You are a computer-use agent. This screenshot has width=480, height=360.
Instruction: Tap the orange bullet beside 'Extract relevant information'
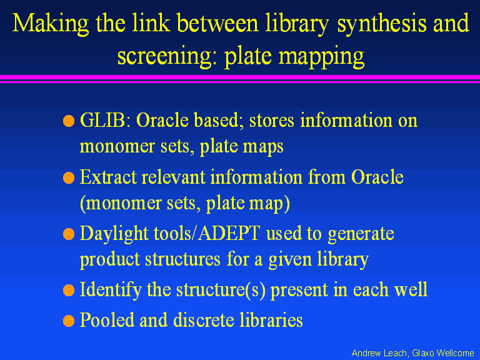69,178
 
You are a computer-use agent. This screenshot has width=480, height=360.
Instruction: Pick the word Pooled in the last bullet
107,320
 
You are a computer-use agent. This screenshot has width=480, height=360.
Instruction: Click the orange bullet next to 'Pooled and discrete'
69,321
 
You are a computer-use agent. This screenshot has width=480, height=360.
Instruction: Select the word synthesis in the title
382,24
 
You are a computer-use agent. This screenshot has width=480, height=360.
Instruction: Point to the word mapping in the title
321,57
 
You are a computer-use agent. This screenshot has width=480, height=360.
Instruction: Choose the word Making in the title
51,24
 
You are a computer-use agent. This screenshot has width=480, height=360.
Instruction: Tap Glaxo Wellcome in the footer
443,353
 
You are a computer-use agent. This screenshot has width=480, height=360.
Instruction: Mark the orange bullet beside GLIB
69,121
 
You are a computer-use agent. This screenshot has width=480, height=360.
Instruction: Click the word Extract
108,177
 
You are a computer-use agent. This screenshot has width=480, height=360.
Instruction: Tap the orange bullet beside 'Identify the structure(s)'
69,290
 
